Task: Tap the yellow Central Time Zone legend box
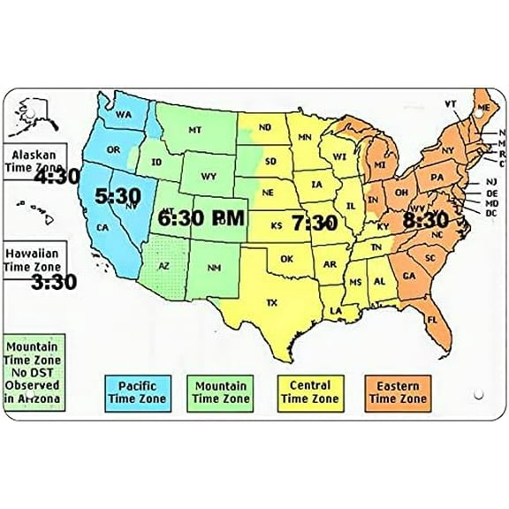(310, 392)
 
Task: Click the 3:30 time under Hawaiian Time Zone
(53, 283)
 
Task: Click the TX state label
(272, 303)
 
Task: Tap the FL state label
(432, 319)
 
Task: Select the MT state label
(195, 130)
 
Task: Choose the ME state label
(482, 108)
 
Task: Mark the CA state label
(103, 227)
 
